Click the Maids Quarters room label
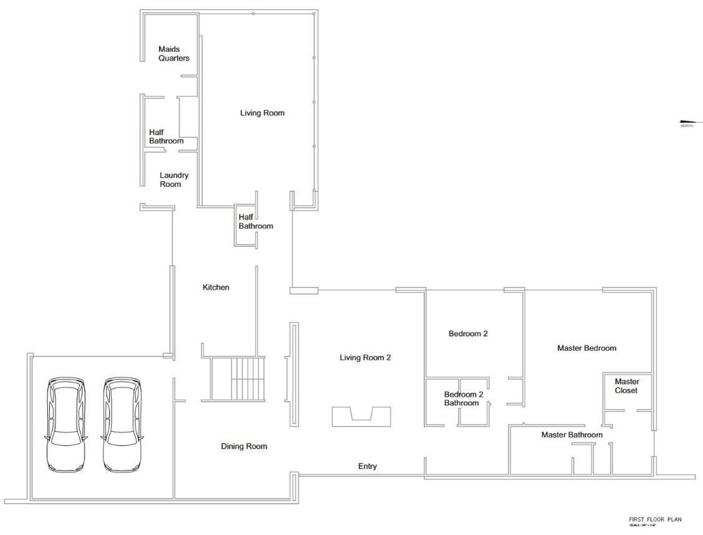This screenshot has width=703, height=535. click(x=173, y=53)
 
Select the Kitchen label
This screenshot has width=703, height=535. click(x=216, y=287)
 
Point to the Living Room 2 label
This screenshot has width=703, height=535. click(x=365, y=357)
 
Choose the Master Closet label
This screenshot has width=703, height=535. click(x=626, y=386)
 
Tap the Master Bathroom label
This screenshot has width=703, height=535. click(x=571, y=435)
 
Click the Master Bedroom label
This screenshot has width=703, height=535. click(x=586, y=348)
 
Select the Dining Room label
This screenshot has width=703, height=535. click(x=244, y=446)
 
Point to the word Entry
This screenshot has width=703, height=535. click(x=367, y=466)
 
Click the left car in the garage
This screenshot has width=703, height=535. click(x=67, y=424)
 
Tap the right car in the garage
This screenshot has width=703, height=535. click(x=123, y=424)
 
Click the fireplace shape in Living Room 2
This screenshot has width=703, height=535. click(x=361, y=416)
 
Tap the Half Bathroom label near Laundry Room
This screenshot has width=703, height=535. click(x=166, y=136)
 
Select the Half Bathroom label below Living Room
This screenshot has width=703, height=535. click(x=256, y=222)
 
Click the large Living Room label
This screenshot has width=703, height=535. click(x=262, y=113)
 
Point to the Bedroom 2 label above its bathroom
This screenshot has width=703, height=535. click(x=468, y=333)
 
